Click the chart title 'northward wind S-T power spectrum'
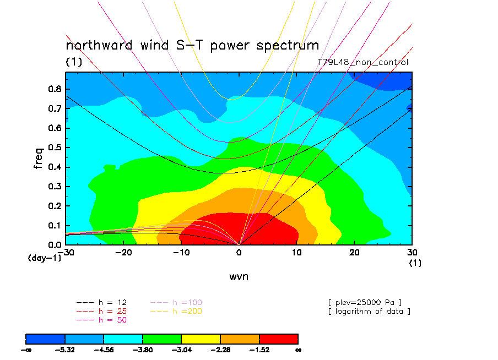(x=192, y=45)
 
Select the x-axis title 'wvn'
(x=239, y=276)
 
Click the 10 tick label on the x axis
(x=297, y=252)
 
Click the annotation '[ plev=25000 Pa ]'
(x=365, y=303)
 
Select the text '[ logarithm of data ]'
(x=369, y=312)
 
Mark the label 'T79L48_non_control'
(x=363, y=62)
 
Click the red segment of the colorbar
(x=278, y=339)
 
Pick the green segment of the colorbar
(x=162, y=339)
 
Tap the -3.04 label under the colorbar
(x=181, y=349)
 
